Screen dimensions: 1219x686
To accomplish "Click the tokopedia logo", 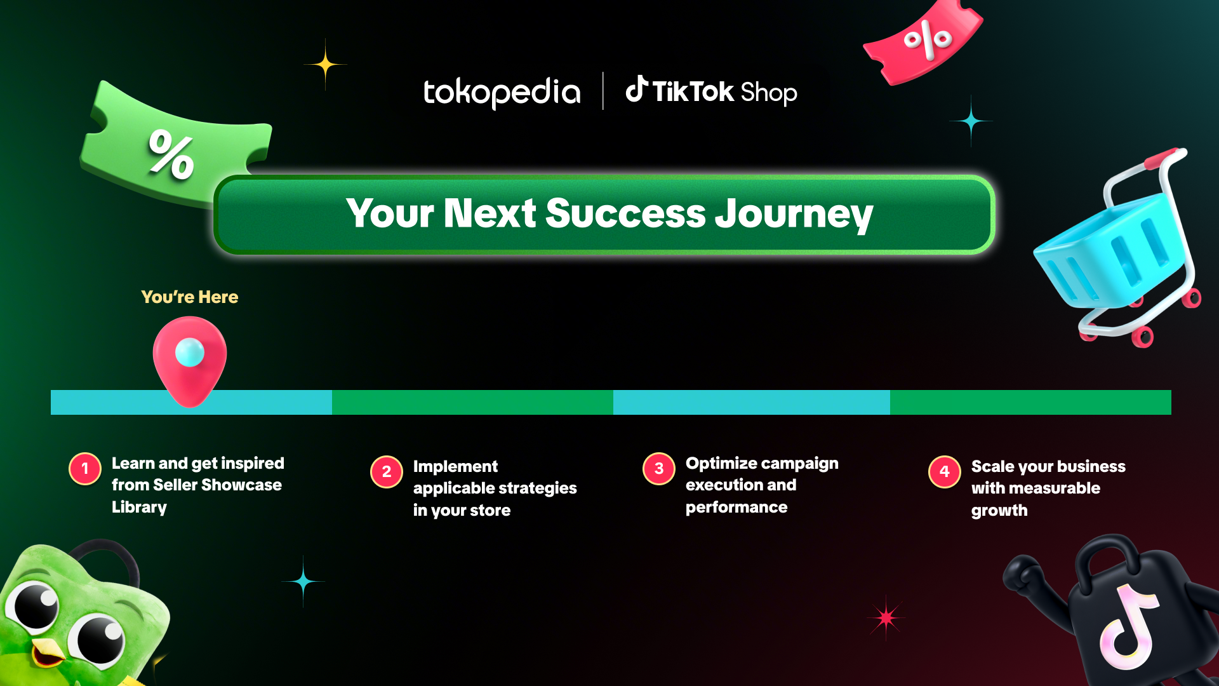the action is click(x=502, y=93).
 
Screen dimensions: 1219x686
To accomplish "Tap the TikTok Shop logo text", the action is click(x=711, y=91).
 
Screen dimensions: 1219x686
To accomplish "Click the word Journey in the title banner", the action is click(x=794, y=214).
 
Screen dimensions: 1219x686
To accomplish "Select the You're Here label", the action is click(x=190, y=297).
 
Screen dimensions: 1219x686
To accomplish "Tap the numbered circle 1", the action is click(x=85, y=469).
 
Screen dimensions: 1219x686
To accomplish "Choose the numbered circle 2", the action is click(x=387, y=472).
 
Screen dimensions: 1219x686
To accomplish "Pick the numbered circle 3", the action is click(x=659, y=469).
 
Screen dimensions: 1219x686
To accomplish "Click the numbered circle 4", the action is click(x=945, y=472).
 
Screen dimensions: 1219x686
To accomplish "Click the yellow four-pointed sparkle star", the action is click(x=325, y=64).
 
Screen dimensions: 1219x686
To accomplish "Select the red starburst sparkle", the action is click(x=886, y=617).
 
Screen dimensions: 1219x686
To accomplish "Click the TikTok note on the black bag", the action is click(x=1129, y=626).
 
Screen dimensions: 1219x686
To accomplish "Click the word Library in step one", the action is click(x=139, y=508).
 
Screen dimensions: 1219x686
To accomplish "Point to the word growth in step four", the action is click(x=999, y=511).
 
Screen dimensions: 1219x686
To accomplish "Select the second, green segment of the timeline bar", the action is click(x=472, y=402).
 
